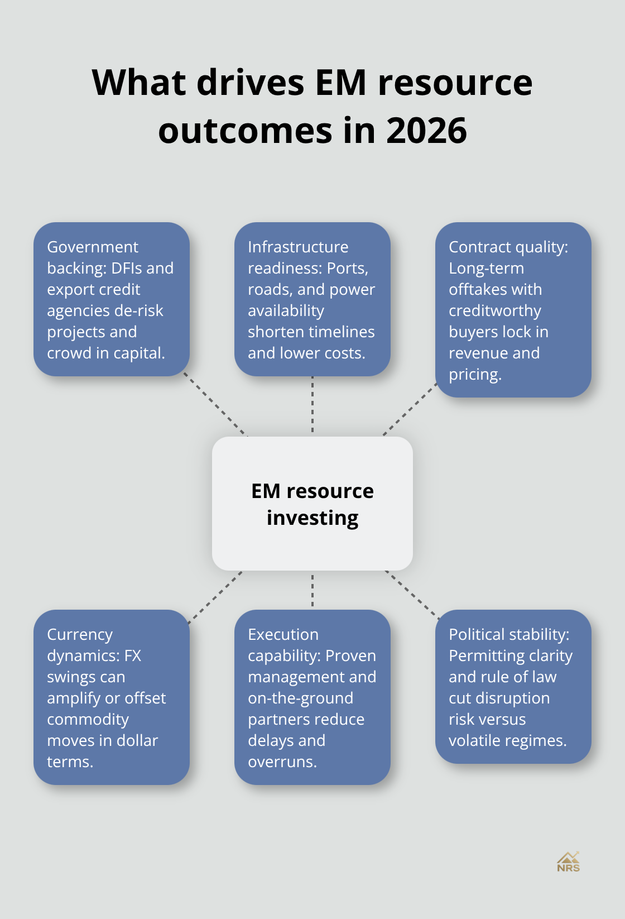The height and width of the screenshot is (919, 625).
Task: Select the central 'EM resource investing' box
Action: coord(312,504)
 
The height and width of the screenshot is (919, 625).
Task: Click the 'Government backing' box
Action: coord(112,299)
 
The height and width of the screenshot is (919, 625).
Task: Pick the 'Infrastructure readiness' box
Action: coord(312,299)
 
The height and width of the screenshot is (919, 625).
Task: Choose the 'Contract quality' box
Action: coord(513,310)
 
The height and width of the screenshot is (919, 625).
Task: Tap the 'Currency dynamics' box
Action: coord(112,697)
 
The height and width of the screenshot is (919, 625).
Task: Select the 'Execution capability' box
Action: coord(312,697)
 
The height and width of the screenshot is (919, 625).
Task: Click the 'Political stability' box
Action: coord(513,687)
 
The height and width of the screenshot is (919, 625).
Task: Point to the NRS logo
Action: coord(568,862)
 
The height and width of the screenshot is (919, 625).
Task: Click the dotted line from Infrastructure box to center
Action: coord(312,406)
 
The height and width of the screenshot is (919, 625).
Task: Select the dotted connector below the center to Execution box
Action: coord(312,590)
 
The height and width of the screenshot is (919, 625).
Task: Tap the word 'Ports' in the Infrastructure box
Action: coord(347,269)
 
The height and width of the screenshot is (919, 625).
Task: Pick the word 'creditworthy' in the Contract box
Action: coord(495,311)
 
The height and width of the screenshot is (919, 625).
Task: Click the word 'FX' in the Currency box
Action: coord(133,656)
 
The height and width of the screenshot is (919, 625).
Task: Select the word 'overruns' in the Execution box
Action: coord(282,762)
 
